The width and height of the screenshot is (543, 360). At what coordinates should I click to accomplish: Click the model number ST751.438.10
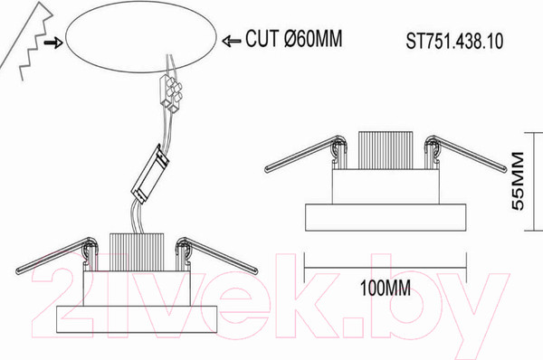coord(454,42)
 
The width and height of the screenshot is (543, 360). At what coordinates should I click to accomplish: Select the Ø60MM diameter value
coord(313,38)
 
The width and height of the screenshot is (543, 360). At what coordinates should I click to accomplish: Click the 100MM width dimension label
coord(386,288)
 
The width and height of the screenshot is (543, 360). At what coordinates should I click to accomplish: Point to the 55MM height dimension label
coord(518,181)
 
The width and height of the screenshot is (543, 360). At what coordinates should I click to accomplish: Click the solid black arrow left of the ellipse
coord(53,43)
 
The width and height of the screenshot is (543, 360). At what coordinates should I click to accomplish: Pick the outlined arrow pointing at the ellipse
coord(232,42)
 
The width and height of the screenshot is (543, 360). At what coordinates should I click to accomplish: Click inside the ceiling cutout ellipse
coord(141,37)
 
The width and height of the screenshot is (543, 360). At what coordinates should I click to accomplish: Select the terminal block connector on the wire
coord(171,93)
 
